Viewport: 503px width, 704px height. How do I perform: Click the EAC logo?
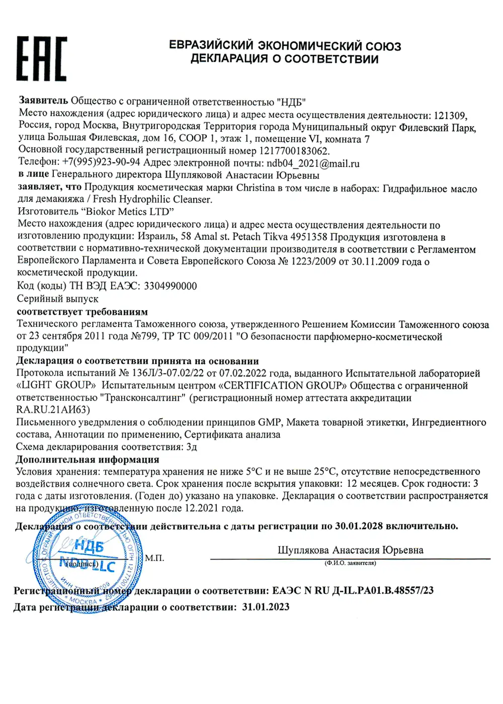tap(41, 59)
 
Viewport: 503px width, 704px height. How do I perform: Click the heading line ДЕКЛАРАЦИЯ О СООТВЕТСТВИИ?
tap(284, 59)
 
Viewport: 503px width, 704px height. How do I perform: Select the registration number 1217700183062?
tap(294, 150)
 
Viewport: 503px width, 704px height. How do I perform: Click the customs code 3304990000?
tap(170, 286)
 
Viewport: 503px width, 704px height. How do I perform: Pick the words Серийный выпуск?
tap(57, 299)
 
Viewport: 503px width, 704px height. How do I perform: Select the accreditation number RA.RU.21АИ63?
tap(53, 410)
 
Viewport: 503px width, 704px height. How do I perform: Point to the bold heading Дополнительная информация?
tap(88, 459)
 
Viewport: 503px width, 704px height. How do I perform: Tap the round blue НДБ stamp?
tap(87, 557)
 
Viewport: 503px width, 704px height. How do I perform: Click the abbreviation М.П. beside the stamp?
tap(154, 558)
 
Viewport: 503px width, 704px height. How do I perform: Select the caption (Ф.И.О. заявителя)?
tap(350, 563)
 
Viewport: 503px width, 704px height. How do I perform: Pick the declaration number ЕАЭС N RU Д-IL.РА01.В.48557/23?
tap(353, 590)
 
